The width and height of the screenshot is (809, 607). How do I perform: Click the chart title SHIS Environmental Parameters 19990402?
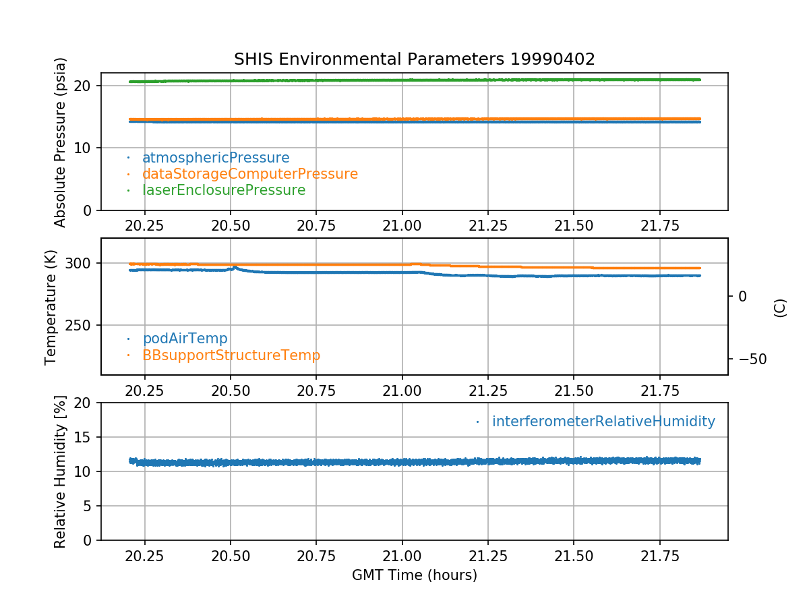pos(414,59)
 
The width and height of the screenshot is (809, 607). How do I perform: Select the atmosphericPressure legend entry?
pos(215,158)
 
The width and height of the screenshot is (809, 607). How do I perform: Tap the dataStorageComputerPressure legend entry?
pos(249,174)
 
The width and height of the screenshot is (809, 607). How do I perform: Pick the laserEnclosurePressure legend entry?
pos(223,190)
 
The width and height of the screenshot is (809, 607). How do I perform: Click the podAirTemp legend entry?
pos(185,339)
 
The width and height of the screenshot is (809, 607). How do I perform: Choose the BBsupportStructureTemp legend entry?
pos(231,355)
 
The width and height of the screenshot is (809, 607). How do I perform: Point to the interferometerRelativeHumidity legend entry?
pos(603,422)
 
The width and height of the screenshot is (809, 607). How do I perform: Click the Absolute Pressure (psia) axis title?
pos(61,142)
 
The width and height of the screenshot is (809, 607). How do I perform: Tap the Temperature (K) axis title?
pos(51,307)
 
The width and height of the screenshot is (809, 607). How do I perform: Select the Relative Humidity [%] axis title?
pos(61,471)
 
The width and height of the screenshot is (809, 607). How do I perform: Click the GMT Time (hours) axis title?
pos(414,575)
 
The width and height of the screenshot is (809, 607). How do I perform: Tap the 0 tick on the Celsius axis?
pos(742,296)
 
